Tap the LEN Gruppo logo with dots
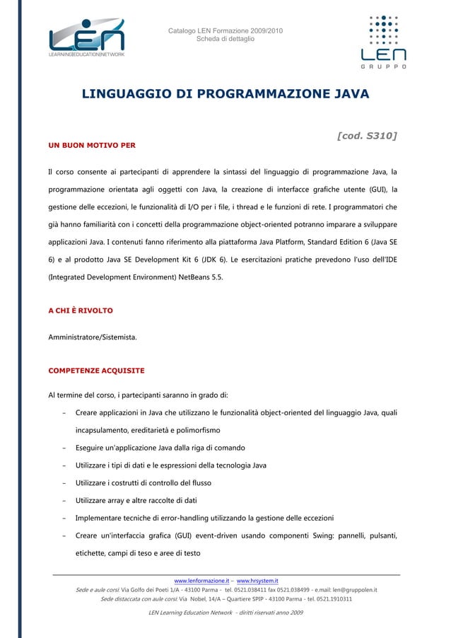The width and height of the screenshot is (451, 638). [384, 41]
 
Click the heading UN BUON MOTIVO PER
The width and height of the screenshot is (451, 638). [92, 145]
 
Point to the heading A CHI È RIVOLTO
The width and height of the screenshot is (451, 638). [80, 311]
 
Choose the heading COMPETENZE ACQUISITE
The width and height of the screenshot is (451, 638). [95, 370]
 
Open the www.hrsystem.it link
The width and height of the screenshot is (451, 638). [257, 581]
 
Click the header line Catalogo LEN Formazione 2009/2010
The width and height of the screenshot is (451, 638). [225, 30]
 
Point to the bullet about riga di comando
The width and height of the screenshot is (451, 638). [160, 448]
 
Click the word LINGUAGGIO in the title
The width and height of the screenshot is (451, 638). [128, 94]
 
